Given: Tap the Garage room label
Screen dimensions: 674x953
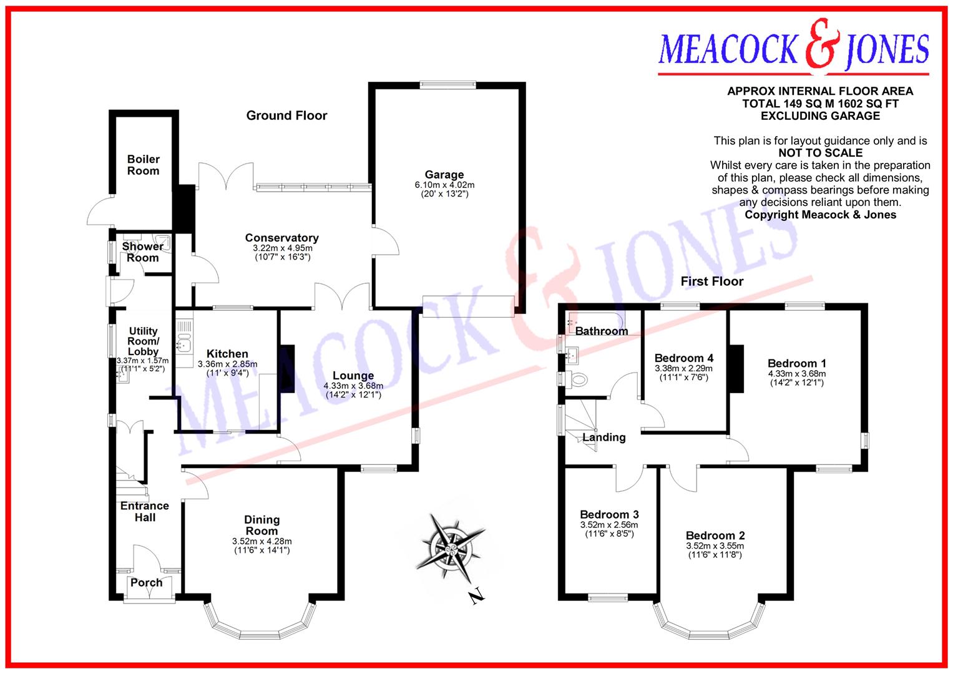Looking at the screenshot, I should click(x=444, y=175).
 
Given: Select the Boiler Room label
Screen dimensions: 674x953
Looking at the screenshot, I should click(x=144, y=165).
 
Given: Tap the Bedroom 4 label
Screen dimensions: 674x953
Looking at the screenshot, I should click(x=684, y=358).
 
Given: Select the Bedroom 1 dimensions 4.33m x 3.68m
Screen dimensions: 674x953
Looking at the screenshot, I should click(x=796, y=374).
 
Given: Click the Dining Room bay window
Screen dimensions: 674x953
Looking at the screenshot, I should click(x=258, y=627).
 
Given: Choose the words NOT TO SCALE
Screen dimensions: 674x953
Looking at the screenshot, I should click(x=820, y=153).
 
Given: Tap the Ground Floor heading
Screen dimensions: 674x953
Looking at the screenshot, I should click(x=286, y=115).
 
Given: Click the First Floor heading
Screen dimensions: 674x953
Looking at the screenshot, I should click(x=711, y=281).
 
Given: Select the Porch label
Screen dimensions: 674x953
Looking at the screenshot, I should click(x=147, y=583).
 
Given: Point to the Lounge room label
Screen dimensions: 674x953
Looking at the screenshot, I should click(x=353, y=376).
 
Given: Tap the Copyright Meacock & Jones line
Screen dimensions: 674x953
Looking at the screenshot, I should click(x=820, y=215).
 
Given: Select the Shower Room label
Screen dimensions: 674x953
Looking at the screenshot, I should click(x=143, y=252).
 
